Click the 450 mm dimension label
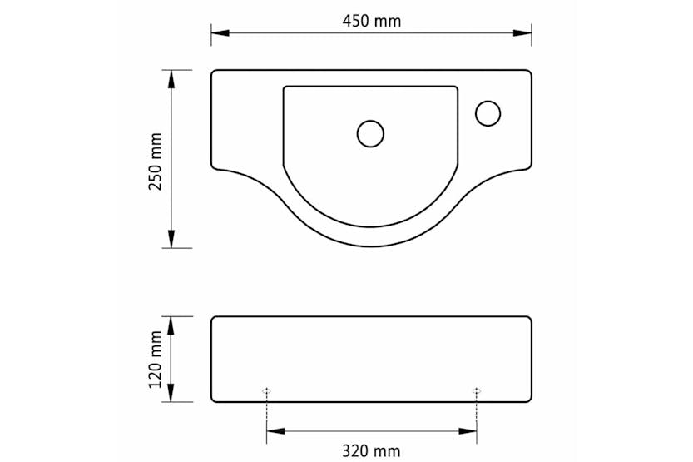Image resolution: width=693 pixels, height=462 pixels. (x=370, y=21)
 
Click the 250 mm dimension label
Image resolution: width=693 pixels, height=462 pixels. (x=155, y=160)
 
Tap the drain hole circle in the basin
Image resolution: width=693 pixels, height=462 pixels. (x=370, y=133)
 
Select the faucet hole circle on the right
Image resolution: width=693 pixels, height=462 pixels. (x=488, y=113)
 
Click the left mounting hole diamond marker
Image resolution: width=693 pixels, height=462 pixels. (x=266, y=390)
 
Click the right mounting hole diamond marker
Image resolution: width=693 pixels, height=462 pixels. (x=477, y=390)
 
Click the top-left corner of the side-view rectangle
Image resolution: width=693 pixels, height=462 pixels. (x=214, y=319)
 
